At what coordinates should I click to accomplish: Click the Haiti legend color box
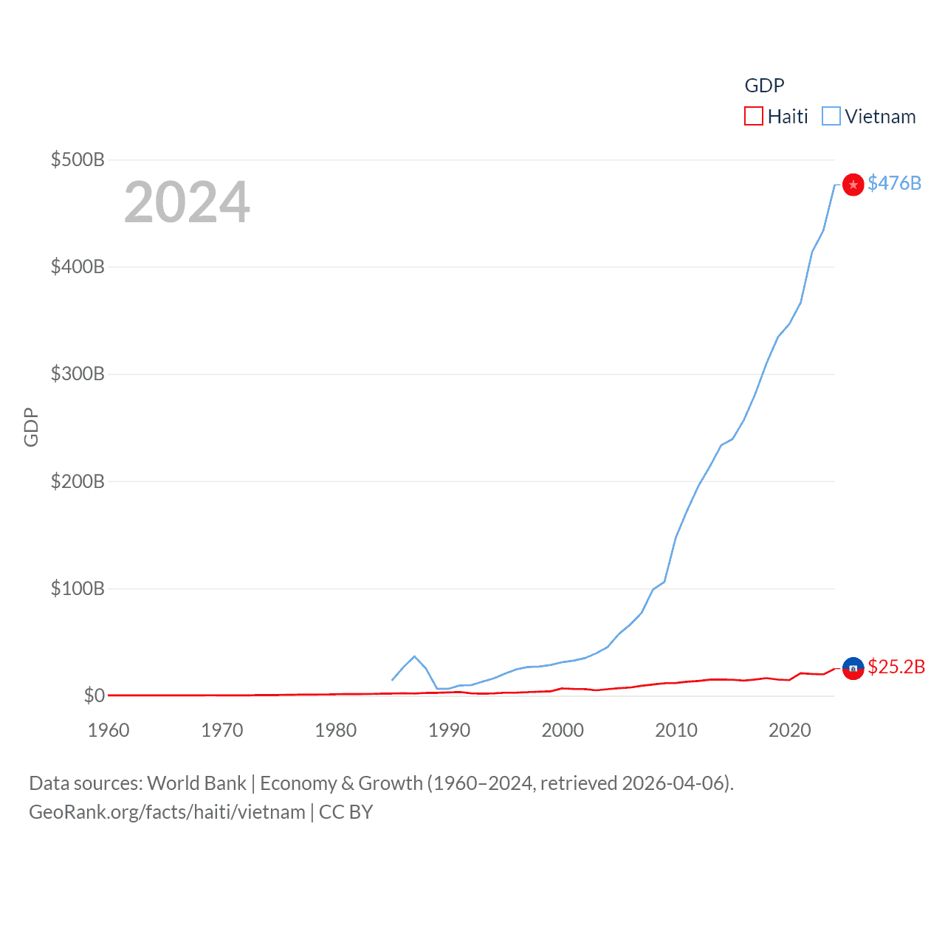(x=753, y=117)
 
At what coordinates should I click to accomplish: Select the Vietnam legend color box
(x=831, y=117)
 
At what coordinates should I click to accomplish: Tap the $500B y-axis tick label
(x=78, y=159)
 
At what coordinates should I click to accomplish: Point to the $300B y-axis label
(x=78, y=374)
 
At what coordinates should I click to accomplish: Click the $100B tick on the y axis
(x=78, y=588)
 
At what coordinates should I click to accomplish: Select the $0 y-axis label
(x=94, y=695)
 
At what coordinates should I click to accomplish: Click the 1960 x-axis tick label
(x=109, y=730)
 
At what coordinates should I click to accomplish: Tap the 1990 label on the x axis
(x=449, y=730)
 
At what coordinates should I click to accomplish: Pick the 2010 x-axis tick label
(x=676, y=730)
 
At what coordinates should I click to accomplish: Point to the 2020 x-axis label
(x=789, y=730)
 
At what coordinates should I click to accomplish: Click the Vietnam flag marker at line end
(x=853, y=185)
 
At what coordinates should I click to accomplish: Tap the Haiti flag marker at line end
(x=853, y=668)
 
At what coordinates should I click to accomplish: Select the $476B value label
(x=894, y=183)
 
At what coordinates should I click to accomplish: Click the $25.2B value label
(x=896, y=667)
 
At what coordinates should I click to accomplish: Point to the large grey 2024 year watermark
(x=187, y=202)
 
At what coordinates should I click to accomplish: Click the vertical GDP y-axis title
(x=31, y=427)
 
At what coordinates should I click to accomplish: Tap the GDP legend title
(x=764, y=86)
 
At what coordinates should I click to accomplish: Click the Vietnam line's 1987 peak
(x=414, y=656)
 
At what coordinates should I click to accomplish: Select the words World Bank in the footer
(x=196, y=783)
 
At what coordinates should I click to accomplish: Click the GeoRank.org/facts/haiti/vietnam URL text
(x=167, y=812)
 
